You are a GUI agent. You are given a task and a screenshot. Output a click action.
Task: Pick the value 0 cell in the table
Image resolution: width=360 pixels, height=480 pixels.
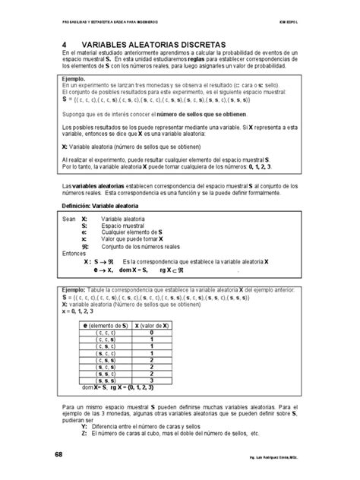[152, 332]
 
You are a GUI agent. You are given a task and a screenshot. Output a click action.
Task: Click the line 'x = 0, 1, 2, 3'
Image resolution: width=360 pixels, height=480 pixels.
[81, 310]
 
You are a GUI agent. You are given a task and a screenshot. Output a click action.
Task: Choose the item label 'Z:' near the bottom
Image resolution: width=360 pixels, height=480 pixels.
[84, 434]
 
